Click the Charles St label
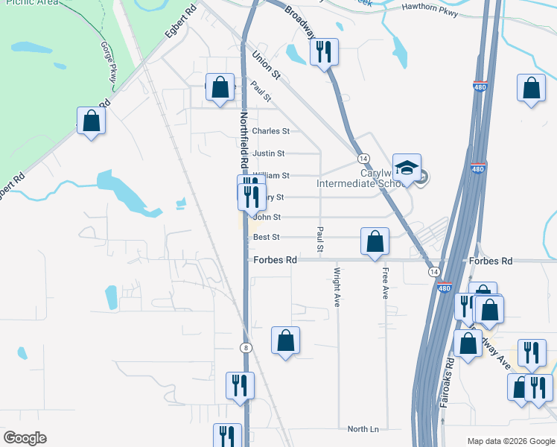tap(270, 131)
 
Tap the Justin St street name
tap(268, 153)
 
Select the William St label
tap(270, 176)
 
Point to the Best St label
tap(266, 238)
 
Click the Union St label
tap(265, 65)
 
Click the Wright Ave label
tap(337, 288)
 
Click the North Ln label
tap(363, 429)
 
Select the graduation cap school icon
tap(407, 168)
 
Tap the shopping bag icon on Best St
tap(375, 241)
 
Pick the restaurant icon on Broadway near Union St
tap(323, 51)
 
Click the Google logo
tap(25, 438)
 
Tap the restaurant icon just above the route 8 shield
tap(240, 385)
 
